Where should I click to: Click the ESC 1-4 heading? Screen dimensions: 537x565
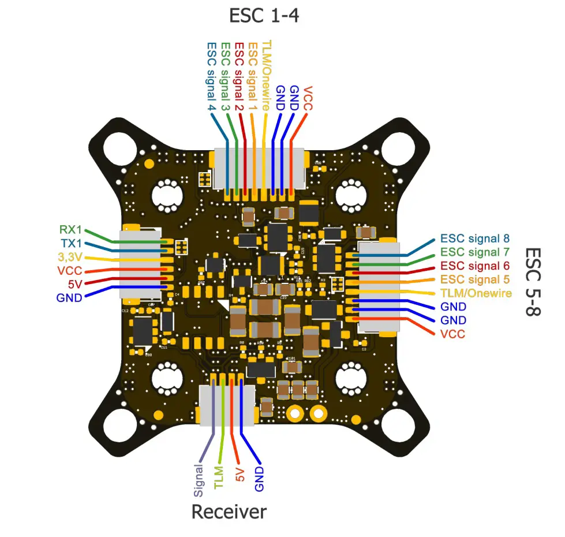(x=264, y=15)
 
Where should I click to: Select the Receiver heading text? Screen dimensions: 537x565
(x=229, y=512)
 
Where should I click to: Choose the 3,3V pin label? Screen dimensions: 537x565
(x=70, y=257)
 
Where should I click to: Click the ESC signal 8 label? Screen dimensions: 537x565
(x=475, y=238)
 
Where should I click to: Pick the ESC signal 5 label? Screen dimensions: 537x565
(x=475, y=279)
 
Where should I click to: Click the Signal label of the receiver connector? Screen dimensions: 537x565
(x=199, y=480)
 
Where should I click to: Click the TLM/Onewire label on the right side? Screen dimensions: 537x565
(x=476, y=293)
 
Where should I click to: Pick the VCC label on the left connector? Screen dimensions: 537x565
(x=69, y=271)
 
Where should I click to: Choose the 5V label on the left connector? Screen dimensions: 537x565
(x=75, y=284)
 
